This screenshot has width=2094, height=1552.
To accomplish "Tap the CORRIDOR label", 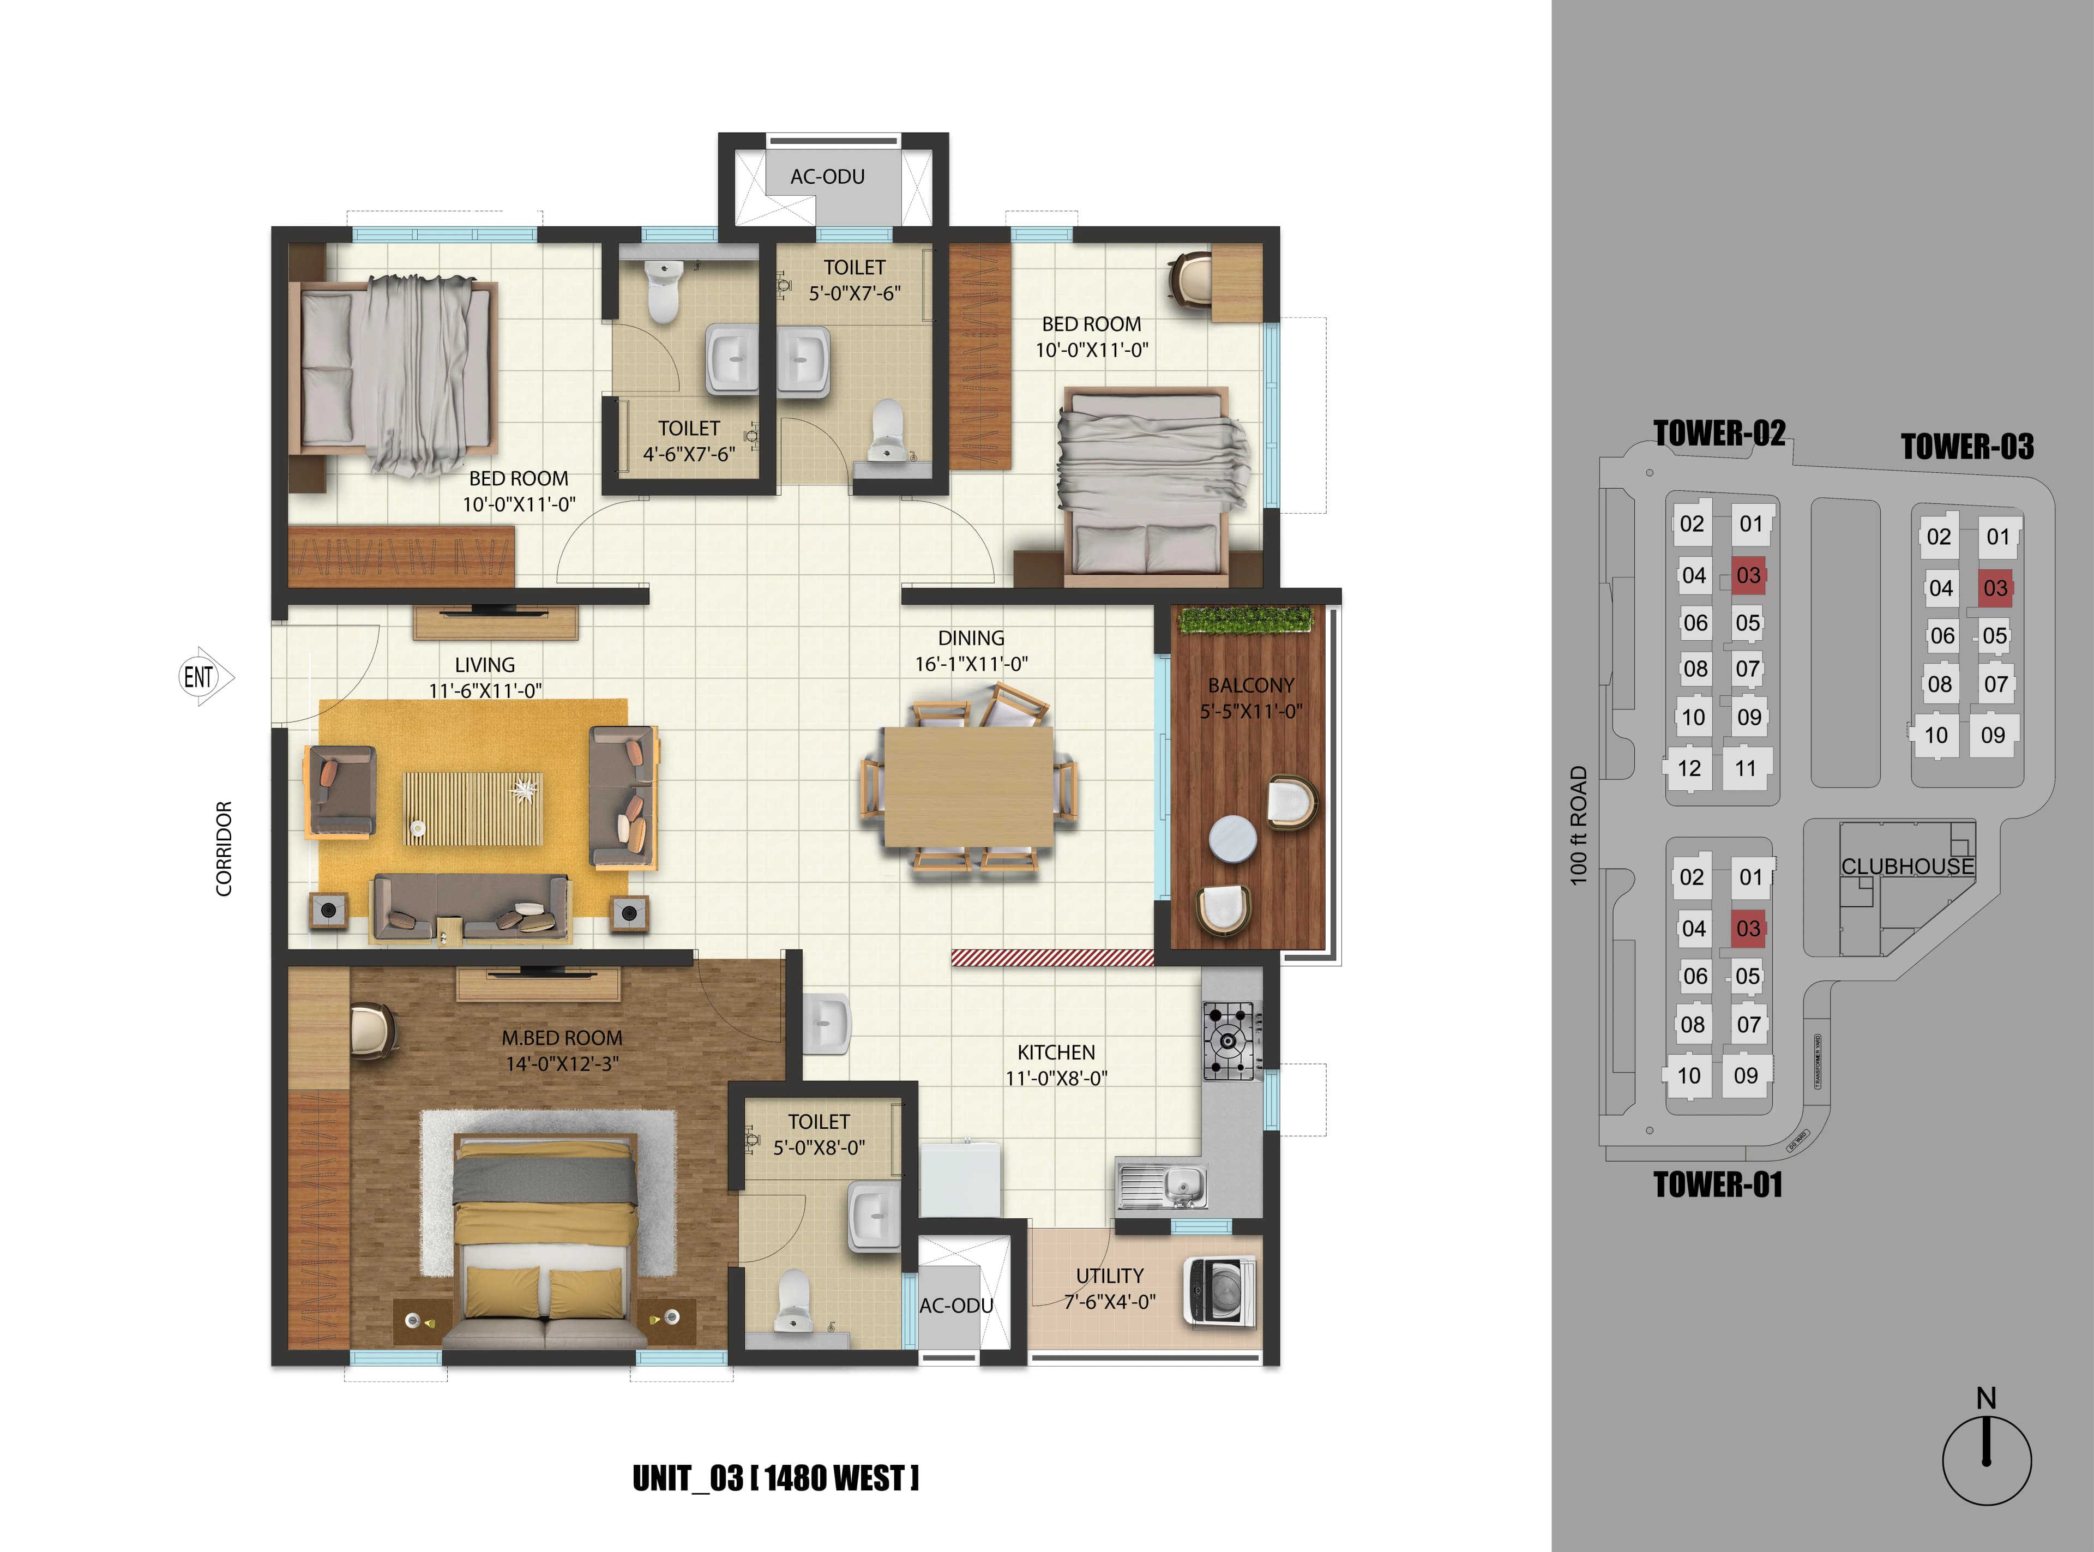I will click(224, 849).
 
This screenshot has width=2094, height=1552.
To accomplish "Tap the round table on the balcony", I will click(1232, 838).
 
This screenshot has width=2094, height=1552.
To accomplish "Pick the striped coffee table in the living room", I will click(473, 808).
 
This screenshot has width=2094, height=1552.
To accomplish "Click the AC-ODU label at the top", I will click(827, 177).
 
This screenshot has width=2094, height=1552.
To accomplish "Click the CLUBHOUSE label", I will click(1907, 866).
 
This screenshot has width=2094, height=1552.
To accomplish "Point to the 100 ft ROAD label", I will click(1578, 825).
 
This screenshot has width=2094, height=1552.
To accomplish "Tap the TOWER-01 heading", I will click(1717, 1184).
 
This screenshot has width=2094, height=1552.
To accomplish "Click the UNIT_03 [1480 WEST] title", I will click(775, 1478).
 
